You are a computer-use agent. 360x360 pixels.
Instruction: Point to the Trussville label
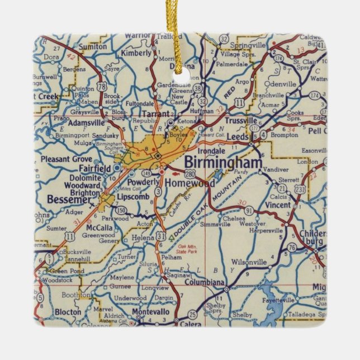click(241, 120)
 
